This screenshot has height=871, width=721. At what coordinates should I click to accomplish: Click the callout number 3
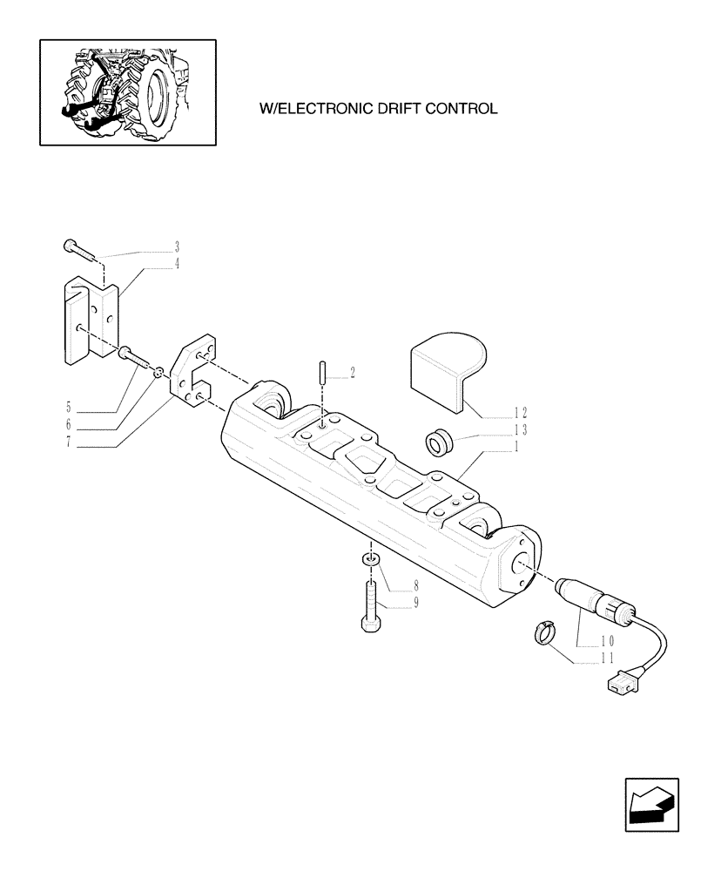click(x=177, y=246)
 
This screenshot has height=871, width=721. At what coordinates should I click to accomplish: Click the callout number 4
click(x=177, y=263)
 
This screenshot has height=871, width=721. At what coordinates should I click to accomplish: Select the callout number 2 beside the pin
click(x=352, y=374)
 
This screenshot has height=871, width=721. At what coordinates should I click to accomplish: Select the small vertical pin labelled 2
click(x=321, y=383)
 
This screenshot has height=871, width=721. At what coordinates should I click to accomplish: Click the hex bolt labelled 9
click(x=368, y=604)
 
